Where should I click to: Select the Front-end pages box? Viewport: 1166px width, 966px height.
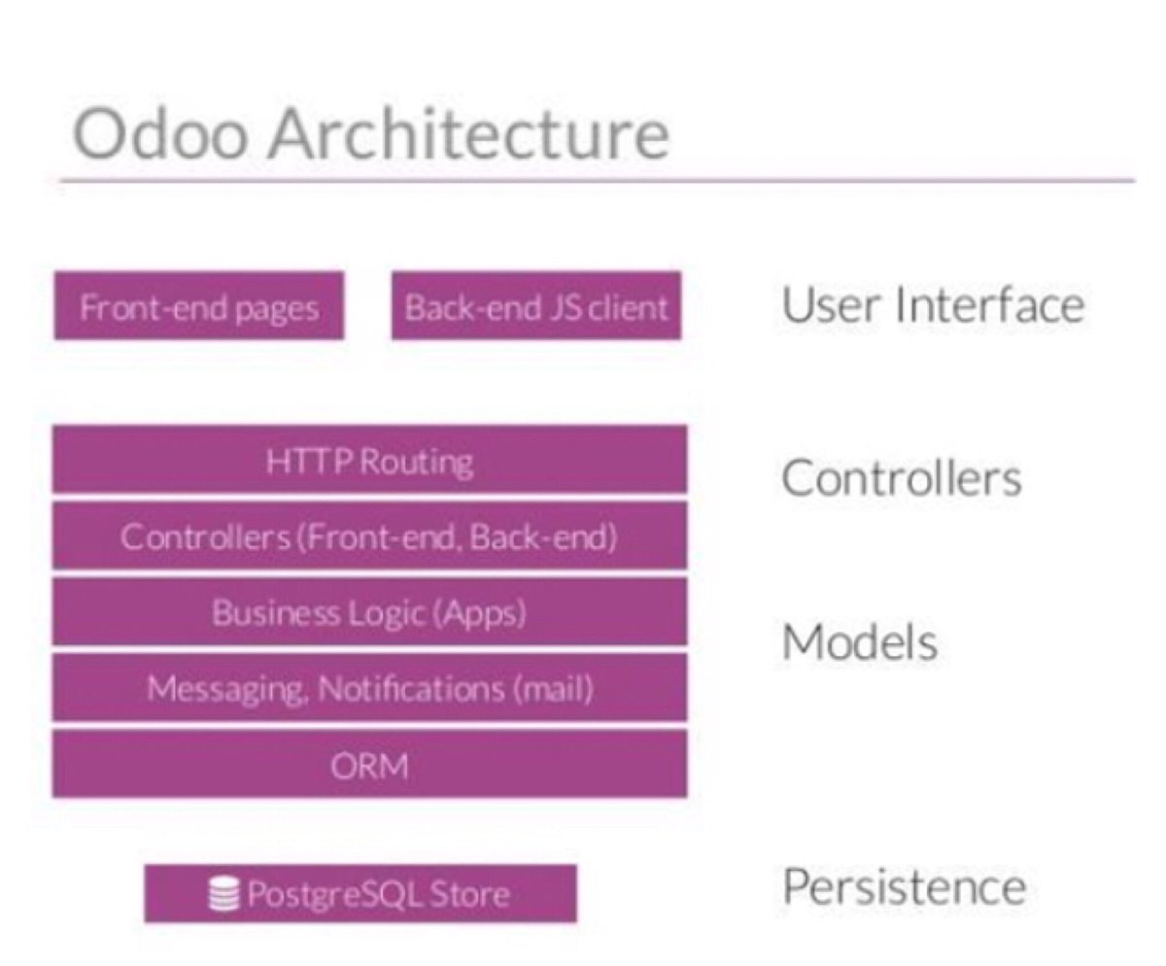coord(199,307)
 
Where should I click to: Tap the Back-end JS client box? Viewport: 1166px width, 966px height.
coord(536,307)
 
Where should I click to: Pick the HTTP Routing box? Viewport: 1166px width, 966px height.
coord(369,461)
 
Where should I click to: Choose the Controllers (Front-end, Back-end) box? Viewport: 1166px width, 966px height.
coord(369,536)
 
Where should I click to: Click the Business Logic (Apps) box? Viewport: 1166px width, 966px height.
coord(369,612)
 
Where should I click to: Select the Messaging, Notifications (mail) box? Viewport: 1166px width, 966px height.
coord(369,689)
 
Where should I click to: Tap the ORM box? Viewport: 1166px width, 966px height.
coord(369,766)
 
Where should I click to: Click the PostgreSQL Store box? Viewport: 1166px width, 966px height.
coord(360,893)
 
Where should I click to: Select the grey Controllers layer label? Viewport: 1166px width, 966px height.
coord(902,477)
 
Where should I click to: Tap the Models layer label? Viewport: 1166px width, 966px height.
coord(859,642)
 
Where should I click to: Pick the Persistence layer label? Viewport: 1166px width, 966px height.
coord(904,886)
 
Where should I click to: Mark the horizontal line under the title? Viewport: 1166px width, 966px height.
coord(596,180)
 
